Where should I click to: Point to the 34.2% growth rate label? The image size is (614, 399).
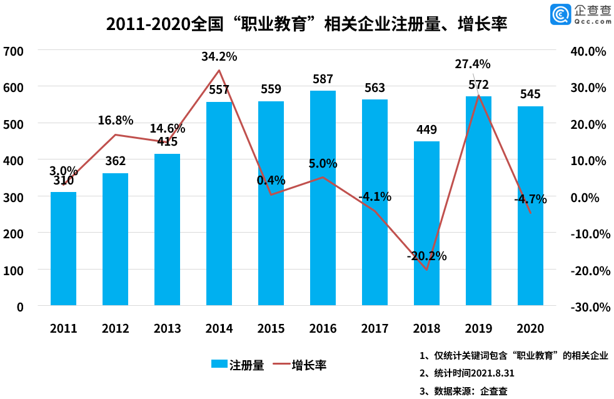(x=219, y=56)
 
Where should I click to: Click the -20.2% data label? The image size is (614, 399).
(x=426, y=256)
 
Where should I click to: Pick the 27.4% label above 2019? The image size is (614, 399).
(x=473, y=64)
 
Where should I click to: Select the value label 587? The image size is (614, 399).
(x=323, y=79)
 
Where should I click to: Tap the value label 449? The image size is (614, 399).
(x=426, y=130)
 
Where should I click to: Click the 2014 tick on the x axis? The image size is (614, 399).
(x=219, y=328)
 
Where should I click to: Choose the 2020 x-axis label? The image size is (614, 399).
(x=530, y=328)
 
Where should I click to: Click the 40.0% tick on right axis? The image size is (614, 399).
(x=588, y=51)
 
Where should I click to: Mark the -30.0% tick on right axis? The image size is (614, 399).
(x=588, y=307)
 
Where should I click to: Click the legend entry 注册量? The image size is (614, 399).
(x=238, y=365)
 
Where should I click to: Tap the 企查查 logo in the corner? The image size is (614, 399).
(x=580, y=14)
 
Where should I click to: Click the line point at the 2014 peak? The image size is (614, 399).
(x=219, y=70)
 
